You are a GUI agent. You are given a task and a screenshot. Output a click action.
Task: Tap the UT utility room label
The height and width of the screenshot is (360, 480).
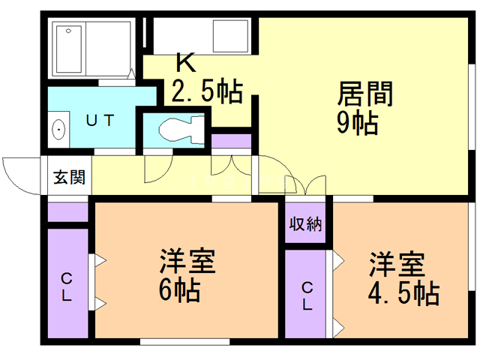(x=98, y=120)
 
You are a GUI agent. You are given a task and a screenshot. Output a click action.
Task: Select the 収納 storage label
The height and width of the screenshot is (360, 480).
(x=305, y=223)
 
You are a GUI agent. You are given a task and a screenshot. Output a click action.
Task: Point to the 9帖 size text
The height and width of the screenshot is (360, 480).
(x=356, y=123)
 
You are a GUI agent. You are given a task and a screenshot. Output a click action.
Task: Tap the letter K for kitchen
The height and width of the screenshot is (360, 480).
(x=185, y=61)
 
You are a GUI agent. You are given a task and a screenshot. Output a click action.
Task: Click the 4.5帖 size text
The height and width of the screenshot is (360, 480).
(x=403, y=292)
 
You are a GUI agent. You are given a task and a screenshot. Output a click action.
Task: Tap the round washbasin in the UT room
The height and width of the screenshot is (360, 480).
(x=58, y=130)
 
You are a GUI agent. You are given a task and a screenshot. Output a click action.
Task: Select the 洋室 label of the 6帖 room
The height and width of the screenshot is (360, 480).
(x=187, y=262)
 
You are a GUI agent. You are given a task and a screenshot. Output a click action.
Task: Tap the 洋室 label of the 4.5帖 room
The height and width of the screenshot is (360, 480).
(x=396, y=264)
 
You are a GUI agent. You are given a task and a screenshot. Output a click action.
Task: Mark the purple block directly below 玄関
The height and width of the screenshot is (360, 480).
(x=68, y=211)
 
